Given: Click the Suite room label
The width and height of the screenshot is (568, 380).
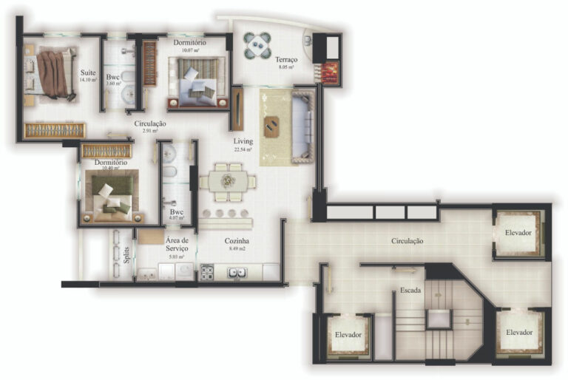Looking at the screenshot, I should point(89,73).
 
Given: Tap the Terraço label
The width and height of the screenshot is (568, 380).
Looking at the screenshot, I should point(285,59).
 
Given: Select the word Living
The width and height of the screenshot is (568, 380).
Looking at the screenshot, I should point(243,140).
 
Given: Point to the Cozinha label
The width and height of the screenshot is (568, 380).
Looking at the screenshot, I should point(237,241).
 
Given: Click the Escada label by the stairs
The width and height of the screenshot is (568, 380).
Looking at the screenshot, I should point(410,291).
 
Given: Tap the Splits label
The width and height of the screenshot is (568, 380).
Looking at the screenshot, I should point(127,255).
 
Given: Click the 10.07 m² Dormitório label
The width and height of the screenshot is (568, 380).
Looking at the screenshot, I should point(189,43).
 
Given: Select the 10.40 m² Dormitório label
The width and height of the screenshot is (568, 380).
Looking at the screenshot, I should point(110,162).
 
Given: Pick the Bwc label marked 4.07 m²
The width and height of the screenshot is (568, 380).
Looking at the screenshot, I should point(176,212).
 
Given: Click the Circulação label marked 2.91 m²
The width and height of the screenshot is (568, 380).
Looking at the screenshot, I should point(150,123).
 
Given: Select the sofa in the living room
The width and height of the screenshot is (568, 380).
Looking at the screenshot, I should point(302,125).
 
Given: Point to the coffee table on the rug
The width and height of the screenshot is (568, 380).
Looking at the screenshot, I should point(271,127).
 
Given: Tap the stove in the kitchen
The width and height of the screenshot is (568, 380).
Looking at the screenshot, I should point(206,272).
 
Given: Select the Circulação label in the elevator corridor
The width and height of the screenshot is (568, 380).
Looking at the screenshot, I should point(408,241).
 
